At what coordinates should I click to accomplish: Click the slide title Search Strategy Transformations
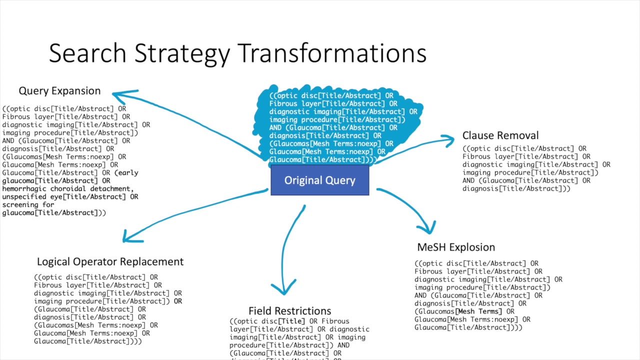[x=237, y=53]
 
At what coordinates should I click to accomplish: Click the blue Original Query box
[x=320, y=180]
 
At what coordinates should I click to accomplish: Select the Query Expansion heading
[x=59, y=91]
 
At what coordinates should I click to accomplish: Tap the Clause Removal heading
[x=500, y=135]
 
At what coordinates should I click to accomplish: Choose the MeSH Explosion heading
[x=456, y=247]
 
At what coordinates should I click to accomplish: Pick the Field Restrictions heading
[x=289, y=311]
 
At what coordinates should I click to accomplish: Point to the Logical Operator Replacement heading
[x=110, y=262]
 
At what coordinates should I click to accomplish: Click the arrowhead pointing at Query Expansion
[x=117, y=93]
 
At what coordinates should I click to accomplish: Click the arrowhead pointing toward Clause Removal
[x=449, y=139]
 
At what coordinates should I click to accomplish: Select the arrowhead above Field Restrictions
[x=283, y=288]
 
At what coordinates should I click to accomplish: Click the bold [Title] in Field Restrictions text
[x=291, y=321]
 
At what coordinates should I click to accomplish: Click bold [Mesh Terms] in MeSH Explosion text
[x=478, y=311]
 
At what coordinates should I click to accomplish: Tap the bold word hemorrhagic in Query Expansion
[x=24, y=189]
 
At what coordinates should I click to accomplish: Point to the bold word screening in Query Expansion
[x=20, y=205]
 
